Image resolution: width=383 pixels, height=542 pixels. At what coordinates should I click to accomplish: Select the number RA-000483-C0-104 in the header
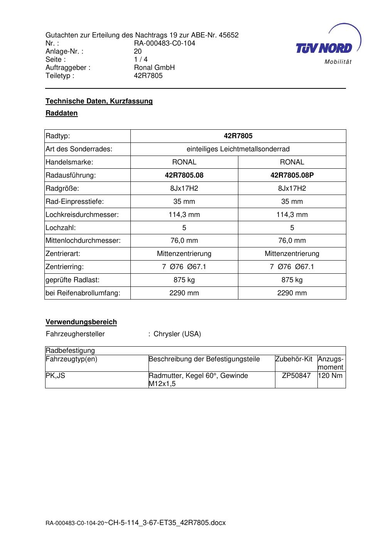coord(164,43)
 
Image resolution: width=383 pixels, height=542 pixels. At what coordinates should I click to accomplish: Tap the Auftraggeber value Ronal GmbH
coord(154,68)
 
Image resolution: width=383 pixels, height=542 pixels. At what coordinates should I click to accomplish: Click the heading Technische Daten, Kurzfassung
coord(99,101)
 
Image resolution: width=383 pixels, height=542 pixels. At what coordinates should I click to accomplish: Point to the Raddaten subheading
coord(62,113)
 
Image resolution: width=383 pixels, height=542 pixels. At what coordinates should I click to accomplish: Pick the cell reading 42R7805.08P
coord(292,175)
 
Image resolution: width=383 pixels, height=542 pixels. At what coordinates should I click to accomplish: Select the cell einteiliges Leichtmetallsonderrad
coord(238,149)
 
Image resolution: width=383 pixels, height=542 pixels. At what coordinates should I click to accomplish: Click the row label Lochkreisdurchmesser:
coord(82,215)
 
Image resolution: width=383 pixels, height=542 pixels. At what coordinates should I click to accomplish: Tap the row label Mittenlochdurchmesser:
coord(83,241)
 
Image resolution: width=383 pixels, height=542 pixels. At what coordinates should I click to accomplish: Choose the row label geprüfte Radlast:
coord(73,280)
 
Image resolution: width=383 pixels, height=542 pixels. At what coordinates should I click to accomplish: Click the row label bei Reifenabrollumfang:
coord(83,293)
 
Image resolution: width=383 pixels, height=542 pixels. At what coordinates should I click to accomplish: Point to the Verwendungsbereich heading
coord(81,322)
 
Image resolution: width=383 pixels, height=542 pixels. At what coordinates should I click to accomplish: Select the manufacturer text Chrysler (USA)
coord(177,334)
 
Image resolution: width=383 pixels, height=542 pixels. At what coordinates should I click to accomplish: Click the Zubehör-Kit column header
coord(294,359)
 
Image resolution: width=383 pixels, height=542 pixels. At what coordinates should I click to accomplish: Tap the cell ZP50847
coord(296,376)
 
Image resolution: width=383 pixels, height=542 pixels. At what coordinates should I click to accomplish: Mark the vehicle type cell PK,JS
coord(56,376)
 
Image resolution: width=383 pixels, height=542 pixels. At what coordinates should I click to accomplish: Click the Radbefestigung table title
coord(70,351)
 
